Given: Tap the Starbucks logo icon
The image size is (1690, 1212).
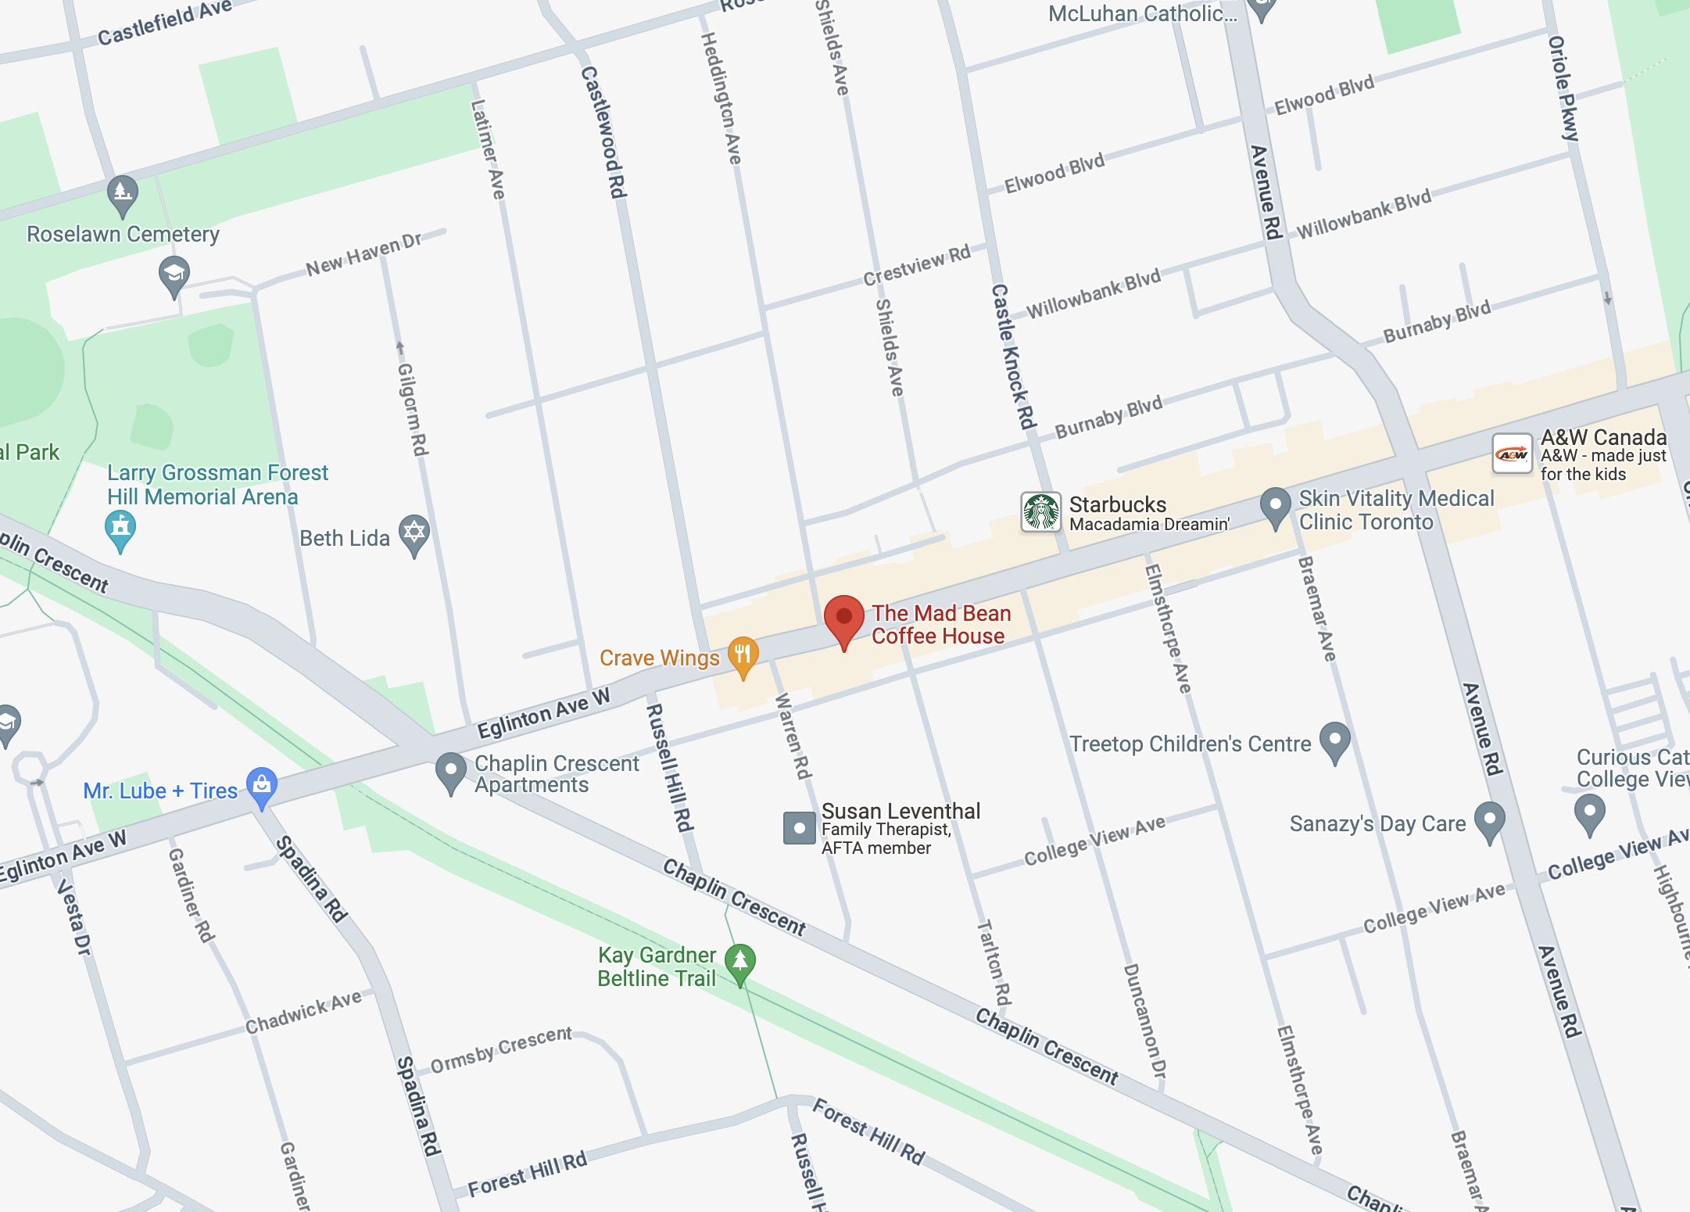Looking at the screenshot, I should tap(1041, 512).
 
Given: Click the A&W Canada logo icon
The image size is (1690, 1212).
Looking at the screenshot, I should tap(1512, 454).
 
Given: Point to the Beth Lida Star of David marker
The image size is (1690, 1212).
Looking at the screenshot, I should tap(414, 533).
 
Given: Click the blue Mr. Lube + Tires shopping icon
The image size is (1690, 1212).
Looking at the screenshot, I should tap(262, 784).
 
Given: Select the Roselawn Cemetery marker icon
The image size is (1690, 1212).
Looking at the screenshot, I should tap(123, 192).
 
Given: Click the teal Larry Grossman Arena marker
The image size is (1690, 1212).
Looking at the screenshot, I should tap(120, 528).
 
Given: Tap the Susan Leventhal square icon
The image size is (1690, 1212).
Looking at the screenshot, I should tap(799, 827).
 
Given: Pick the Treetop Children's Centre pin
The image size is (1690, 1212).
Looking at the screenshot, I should tap(1334, 740).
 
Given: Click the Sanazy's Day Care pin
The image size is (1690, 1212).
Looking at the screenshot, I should tap(1489, 819).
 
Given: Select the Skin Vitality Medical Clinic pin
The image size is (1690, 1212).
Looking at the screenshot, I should tap(1275, 505).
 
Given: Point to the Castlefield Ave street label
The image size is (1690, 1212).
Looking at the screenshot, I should tap(164, 22).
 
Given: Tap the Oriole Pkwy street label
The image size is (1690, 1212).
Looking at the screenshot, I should tap(1563, 88).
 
